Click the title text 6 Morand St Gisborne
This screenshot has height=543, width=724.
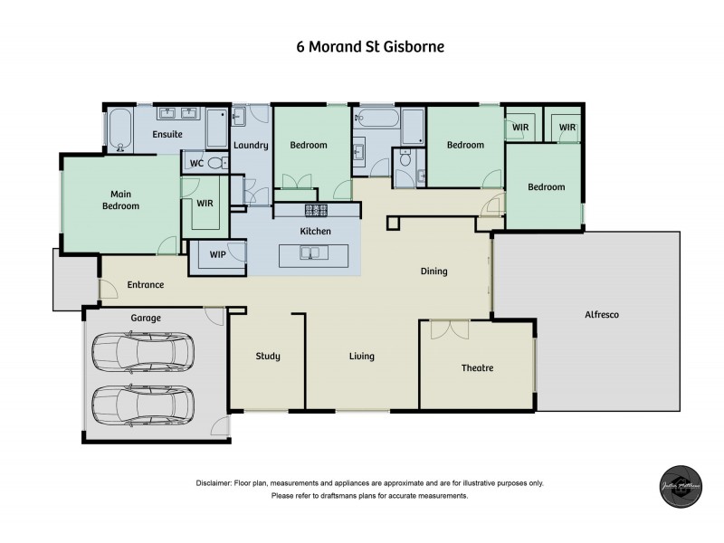tap(361, 46)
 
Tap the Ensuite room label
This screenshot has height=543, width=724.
tap(167, 134)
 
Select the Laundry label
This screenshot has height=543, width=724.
tap(250, 145)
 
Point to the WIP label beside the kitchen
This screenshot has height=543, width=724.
tap(217, 256)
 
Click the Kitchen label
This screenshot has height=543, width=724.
tap(316, 232)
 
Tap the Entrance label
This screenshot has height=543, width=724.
tap(145, 284)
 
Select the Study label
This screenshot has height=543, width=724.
tap(267, 356)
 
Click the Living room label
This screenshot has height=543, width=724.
tap(362, 356)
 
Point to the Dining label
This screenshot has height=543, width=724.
tap(434, 271)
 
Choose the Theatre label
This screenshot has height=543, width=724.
tap(477, 368)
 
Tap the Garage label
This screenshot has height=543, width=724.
tap(145, 318)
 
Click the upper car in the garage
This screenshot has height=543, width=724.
tap(143, 349)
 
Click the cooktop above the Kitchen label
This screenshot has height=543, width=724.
tap(316, 210)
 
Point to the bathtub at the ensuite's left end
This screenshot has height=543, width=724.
tap(121, 130)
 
